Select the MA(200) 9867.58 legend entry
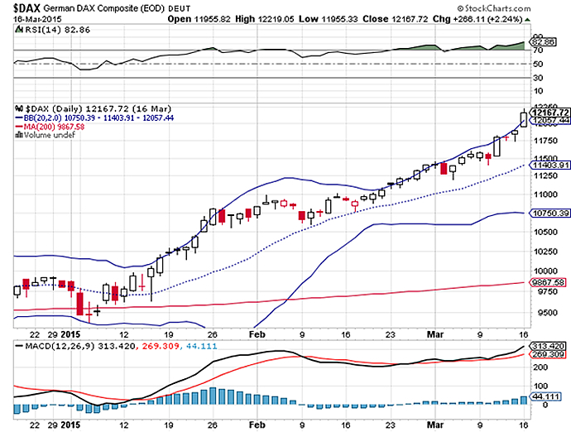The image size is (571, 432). tap(48, 127)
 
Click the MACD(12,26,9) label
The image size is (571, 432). tap(50, 343)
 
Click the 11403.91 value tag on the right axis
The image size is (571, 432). tap(550, 165)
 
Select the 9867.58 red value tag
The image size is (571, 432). tap(549, 282)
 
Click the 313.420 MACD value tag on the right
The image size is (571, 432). tap(549, 345)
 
